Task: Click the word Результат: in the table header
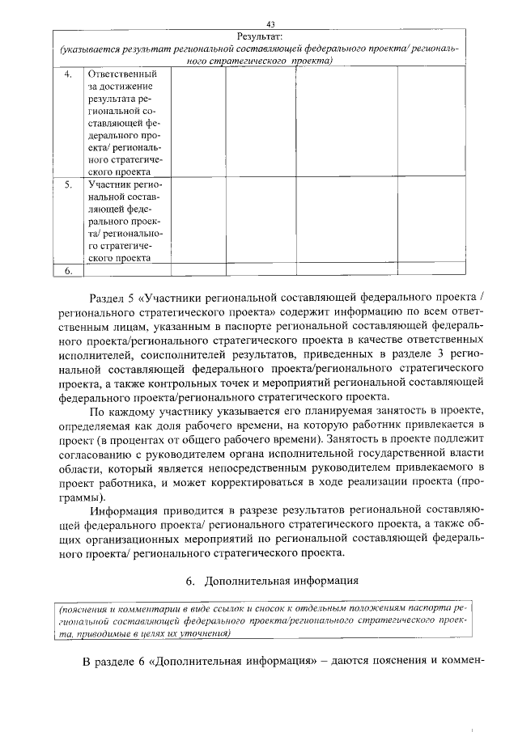coord(259,36)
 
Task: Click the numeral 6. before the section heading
coord(192,582)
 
